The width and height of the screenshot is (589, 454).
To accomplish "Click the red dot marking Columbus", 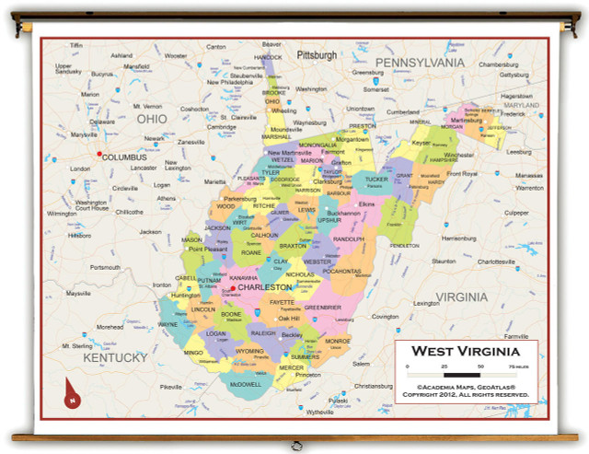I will coord(98,154).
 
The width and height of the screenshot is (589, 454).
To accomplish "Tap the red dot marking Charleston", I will coord(233,288).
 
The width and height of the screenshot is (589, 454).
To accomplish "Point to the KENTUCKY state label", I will coord(115,357).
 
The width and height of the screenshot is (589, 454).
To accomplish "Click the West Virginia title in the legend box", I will coord(465,351).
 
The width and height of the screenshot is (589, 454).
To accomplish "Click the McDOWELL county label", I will coord(246,383).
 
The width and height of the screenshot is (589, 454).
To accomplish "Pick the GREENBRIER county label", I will coord(322,307).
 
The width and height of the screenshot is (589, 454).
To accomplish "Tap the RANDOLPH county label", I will coord(349,239).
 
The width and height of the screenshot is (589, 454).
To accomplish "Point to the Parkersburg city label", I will coord(239,198).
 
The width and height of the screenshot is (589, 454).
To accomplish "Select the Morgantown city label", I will coord(352,140).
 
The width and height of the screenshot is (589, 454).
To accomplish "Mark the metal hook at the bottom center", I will coord(296,445).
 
